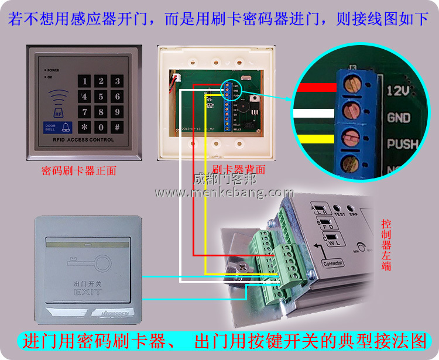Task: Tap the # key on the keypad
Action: (x=117, y=127)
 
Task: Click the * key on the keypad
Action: (x=85, y=127)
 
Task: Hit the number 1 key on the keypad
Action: (x=85, y=81)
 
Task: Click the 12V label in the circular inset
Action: (x=399, y=91)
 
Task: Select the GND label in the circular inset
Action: (x=399, y=118)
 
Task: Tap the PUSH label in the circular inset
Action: (x=402, y=143)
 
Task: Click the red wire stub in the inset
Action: (x=317, y=88)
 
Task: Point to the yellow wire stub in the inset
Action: (x=317, y=139)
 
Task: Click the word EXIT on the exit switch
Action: (x=88, y=291)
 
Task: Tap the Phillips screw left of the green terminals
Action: (x=243, y=268)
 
